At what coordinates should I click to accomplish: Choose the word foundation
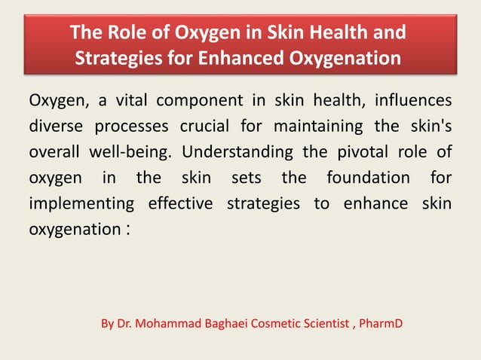point(369,178)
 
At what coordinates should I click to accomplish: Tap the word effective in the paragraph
point(181,203)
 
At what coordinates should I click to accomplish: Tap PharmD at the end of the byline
point(381,324)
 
